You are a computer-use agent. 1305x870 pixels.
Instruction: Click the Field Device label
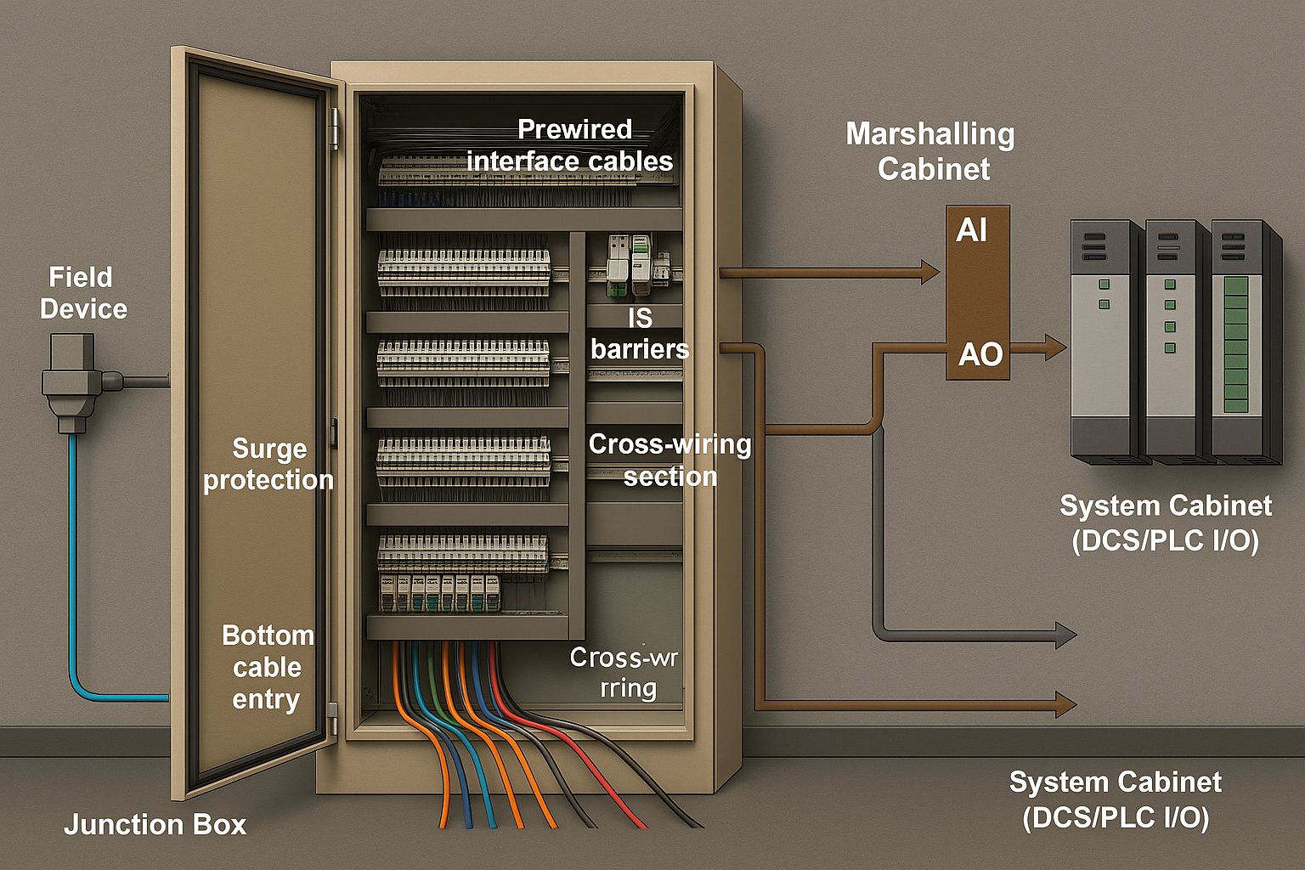[82, 293]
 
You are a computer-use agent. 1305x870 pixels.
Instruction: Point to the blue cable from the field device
[73, 578]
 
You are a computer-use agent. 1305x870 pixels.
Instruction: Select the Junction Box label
[155, 824]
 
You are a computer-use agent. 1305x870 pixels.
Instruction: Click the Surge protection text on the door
[268, 464]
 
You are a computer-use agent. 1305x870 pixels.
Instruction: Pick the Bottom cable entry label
[267, 667]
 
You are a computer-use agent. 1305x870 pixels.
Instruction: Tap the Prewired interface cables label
[570, 145]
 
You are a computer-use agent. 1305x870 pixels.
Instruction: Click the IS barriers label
[640, 333]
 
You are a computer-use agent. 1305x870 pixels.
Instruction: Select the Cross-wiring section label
[669, 460]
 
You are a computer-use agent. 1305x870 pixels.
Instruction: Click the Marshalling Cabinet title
[931, 151]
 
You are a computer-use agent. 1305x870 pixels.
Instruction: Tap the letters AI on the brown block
[971, 230]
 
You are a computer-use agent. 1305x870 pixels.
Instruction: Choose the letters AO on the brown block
[980, 354]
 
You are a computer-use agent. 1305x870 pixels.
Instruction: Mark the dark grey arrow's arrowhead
[1065, 634]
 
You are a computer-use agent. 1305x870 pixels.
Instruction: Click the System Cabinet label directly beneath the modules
[1165, 523]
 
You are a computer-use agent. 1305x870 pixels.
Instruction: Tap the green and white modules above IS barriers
[629, 264]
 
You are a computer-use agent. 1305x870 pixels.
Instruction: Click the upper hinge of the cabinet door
[334, 127]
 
